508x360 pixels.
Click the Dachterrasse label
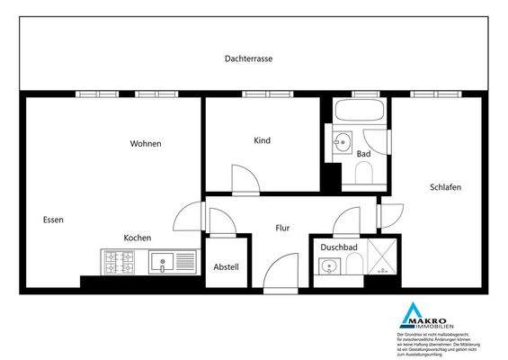click(249, 58)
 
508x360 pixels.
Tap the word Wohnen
click(145, 143)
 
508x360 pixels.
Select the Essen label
click(53, 220)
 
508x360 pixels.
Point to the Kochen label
click(137, 238)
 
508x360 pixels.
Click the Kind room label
click(263, 140)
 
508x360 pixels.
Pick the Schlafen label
click(446, 187)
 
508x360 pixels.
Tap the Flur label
click(282, 229)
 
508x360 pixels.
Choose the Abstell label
click(225, 267)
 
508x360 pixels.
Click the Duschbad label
click(339, 246)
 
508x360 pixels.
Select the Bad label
click(363, 154)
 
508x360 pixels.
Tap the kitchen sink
click(165, 263)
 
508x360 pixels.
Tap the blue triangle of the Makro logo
click(413, 316)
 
